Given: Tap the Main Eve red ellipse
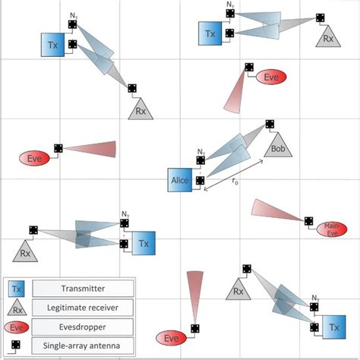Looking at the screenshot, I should (x=331, y=228).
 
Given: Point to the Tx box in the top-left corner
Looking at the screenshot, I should (x=52, y=46).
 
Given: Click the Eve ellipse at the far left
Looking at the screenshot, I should (x=34, y=158).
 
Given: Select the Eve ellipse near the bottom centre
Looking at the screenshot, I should (x=171, y=336).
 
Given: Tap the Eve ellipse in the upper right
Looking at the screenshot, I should (x=270, y=77).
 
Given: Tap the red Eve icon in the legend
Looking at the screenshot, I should (x=17, y=326).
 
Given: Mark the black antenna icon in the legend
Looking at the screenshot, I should (x=17, y=345).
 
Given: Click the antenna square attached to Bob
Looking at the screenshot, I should (x=270, y=125).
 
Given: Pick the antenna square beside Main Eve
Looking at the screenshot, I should (x=308, y=221).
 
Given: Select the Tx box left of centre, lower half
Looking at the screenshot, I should (x=144, y=244).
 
